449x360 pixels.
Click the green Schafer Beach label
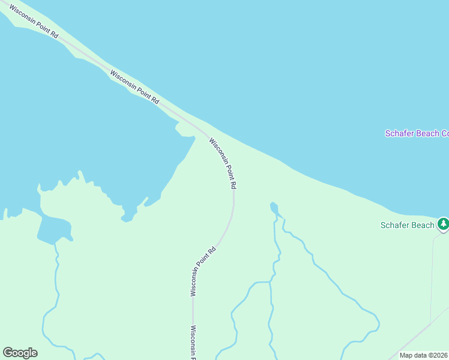tap(407, 225)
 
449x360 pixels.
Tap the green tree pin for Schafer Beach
tap(443, 224)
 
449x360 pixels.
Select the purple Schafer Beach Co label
tap(417, 133)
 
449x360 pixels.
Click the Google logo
tap(20, 353)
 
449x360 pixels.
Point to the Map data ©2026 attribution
tap(424, 355)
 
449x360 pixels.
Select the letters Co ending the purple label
tap(445, 133)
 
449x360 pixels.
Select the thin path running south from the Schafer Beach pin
tap(432, 276)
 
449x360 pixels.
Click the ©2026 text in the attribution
tap(438, 355)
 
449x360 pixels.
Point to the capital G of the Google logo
tap(7, 353)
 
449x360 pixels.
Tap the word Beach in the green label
tap(423, 225)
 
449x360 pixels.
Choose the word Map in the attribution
tap(406, 355)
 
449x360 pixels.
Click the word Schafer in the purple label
tap(399, 133)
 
